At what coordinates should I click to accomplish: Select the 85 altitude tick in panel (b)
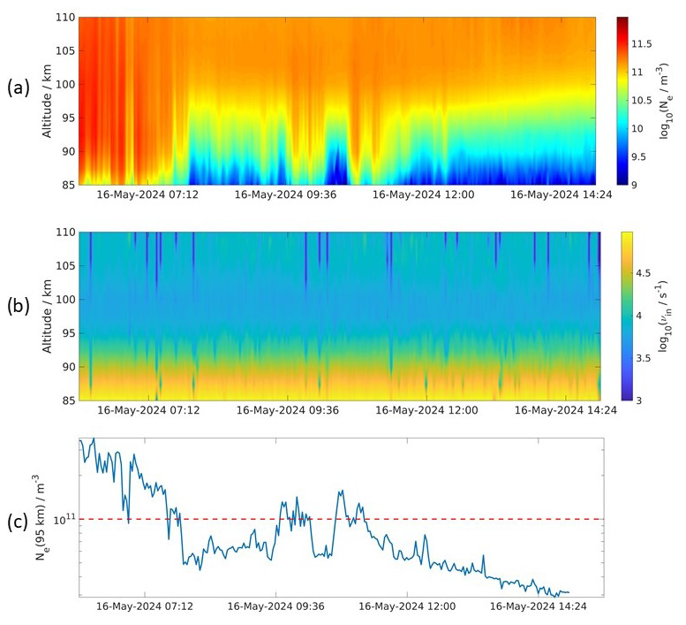pyautogui.click(x=67, y=400)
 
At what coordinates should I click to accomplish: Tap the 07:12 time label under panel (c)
pyautogui.click(x=139, y=608)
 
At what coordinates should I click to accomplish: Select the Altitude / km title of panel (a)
pyautogui.click(x=46, y=101)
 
